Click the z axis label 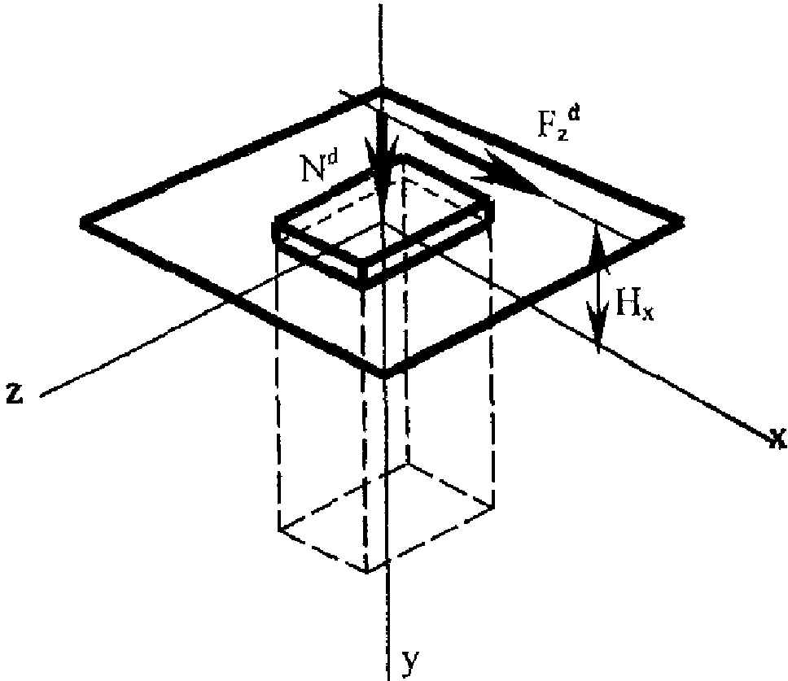tap(15, 393)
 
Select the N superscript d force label tap(320, 166)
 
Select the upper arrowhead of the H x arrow tap(598, 246)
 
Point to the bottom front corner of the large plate tap(384, 372)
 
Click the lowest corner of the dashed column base tap(367, 571)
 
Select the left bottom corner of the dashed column tap(279, 528)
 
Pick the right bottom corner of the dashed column tap(492, 506)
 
